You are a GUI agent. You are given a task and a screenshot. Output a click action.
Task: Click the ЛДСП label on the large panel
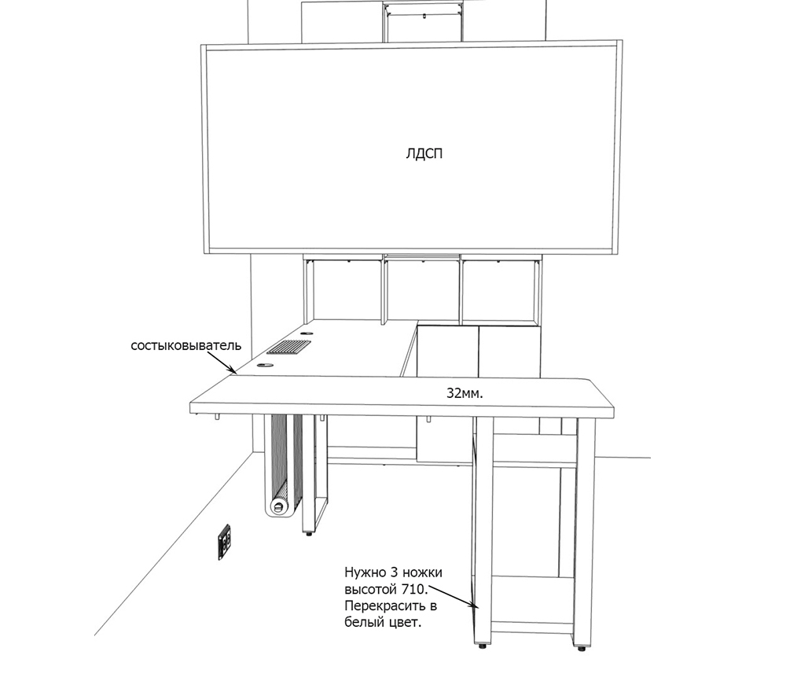[424, 153]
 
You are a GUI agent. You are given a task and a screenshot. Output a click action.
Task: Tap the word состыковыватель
[186, 345]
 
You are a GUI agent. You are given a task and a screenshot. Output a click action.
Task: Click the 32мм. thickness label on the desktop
[465, 394]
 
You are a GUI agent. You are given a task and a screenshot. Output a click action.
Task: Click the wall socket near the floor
[225, 542]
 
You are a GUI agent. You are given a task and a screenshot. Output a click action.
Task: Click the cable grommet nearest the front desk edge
[265, 366]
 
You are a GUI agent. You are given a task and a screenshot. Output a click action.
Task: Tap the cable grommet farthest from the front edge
[307, 334]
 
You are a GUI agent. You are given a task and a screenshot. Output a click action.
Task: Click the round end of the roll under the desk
[278, 506]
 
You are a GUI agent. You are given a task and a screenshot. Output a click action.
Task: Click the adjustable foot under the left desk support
[309, 534]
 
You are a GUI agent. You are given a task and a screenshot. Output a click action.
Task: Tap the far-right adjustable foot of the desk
[582, 648]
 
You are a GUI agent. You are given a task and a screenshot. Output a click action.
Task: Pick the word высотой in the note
[371, 589]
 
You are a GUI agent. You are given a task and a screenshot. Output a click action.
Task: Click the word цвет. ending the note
[406, 623]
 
